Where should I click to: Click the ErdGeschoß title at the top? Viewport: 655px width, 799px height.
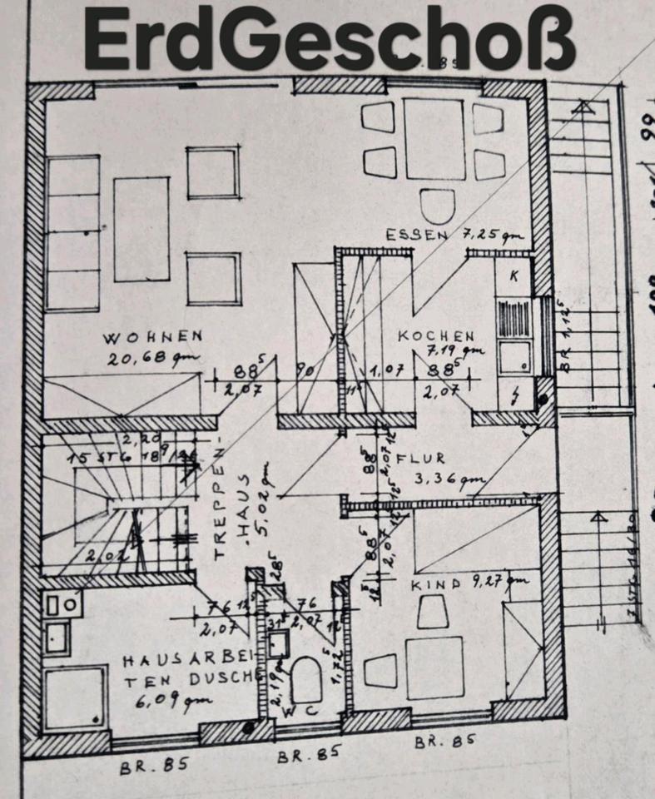click(x=330, y=39)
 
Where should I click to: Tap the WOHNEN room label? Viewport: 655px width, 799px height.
click(x=153, y=337)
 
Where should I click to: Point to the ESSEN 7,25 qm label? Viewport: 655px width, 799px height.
click(x=445, y=236)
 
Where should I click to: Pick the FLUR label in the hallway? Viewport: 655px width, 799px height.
click(x=421, y=458)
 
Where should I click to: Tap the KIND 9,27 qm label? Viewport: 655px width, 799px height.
click(x=469, y=584)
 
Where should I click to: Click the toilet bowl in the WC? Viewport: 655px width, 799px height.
click(x=306, y=679)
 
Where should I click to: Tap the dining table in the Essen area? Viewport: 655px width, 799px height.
click(x=434, y=139)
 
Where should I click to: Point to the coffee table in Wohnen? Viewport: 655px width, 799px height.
click(x=141, y=230)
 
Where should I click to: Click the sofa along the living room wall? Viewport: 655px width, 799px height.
click(x=73, y=234)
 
